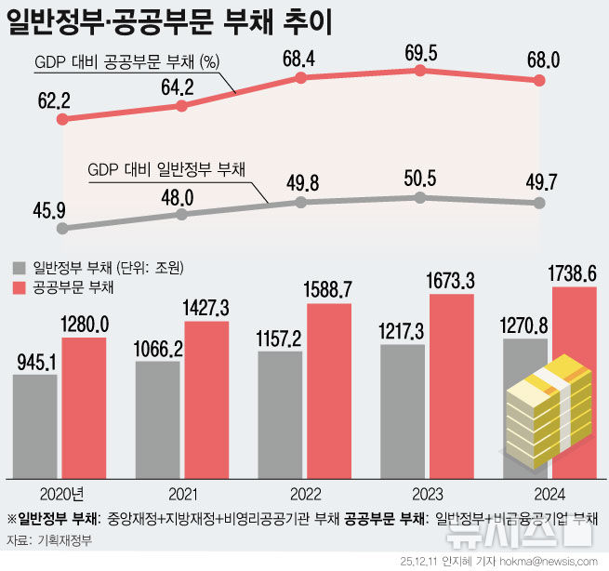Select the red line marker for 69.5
[x=421, y=71]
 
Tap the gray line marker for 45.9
[x=62, y=227]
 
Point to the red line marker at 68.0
[x=542, y=82]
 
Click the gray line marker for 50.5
[x=421, y=198]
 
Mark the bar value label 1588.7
[x=329, y=290]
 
